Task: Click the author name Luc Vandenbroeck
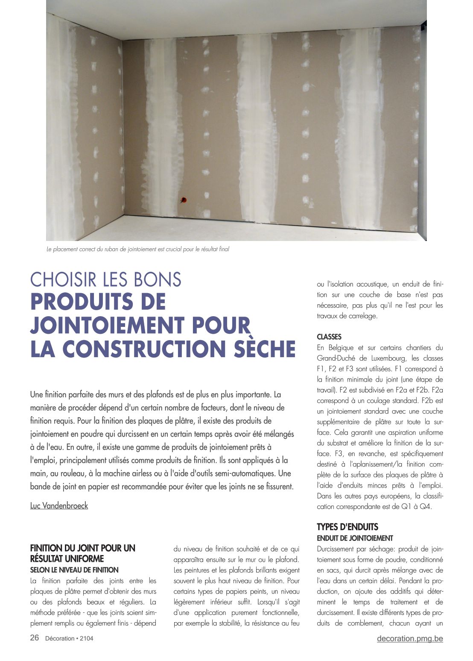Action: click(59, 506)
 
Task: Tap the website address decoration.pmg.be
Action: click(410, 638)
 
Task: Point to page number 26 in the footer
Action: click(35, 638)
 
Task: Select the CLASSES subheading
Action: click(329, 337)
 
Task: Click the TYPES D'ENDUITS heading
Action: click(347, 527)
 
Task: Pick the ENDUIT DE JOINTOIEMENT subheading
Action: click(355, 538)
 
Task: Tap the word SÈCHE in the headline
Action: click(265, 349)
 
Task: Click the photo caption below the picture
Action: click(137, 249)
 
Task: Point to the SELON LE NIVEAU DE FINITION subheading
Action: click(74, 570)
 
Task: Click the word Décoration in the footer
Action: click(59, 638)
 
